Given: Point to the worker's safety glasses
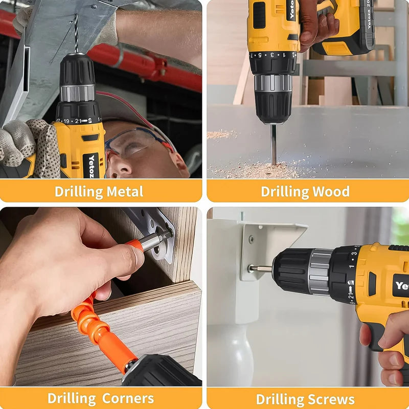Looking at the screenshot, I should [x=130, y=141].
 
